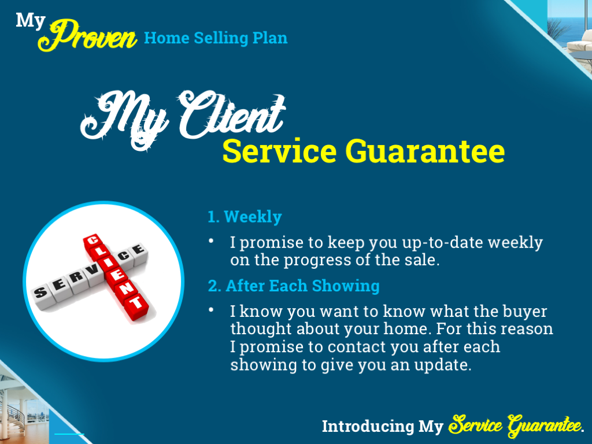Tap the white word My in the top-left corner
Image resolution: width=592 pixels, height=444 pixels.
tap(30, 20)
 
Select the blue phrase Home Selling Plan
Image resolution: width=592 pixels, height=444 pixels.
tap(216, 38)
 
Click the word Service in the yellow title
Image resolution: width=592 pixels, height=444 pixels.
tap(279, 152)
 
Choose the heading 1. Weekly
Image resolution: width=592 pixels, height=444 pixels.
tap(245, 217)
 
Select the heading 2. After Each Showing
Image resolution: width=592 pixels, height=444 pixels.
tap(294, 286)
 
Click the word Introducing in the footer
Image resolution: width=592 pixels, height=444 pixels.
tap(368, 427)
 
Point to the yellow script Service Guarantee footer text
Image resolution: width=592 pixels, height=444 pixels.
tap(514, 425)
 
